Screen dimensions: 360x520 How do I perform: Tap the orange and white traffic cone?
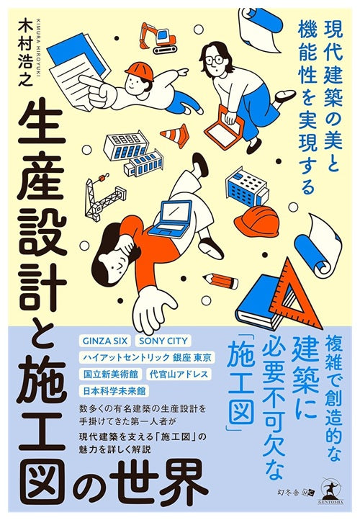(175, 135)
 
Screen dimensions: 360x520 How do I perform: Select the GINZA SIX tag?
(102, 341)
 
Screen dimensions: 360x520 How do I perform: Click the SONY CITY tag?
(163, 341)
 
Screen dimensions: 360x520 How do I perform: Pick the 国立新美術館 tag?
(111, 374)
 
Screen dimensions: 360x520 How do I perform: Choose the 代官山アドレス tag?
(179, 374)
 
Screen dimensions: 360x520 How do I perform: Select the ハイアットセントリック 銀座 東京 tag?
(147, 357)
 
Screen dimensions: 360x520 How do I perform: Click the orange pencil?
(221, 280)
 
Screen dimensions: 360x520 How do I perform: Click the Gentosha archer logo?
(332, 493)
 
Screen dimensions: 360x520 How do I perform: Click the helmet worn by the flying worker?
(139, 71)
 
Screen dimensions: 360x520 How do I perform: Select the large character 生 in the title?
(41, 125)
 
